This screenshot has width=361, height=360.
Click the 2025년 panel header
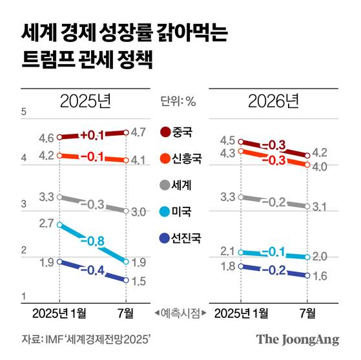(86, 101)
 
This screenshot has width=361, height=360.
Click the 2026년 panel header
(274, 101)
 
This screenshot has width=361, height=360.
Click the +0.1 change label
(92, 135)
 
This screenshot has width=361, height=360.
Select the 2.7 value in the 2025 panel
(46, 223)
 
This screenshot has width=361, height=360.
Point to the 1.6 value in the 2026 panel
(320, 276)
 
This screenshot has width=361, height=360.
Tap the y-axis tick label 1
(23, 296)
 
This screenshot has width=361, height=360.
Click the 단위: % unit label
(181, 101)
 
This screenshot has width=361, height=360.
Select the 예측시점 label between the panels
(181, 313)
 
